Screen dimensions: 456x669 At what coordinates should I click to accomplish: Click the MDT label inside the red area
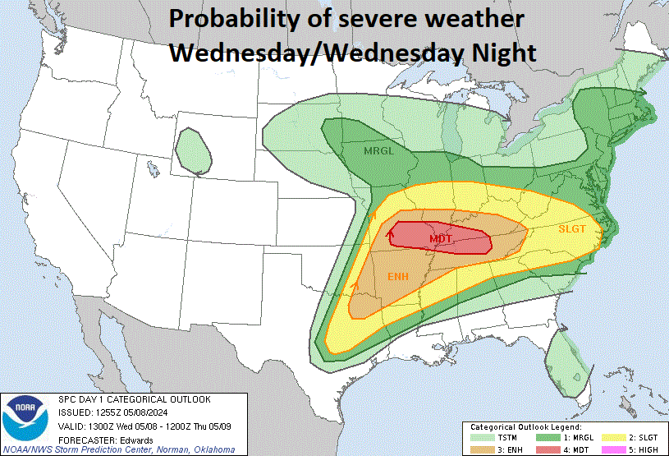click(x=441, y=239)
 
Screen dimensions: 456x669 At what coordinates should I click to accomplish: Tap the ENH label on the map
click(x=398, y=277)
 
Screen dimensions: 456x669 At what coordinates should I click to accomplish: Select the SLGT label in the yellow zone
click(x=571, y=229)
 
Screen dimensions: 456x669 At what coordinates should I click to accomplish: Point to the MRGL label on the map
click(x=378, y=150)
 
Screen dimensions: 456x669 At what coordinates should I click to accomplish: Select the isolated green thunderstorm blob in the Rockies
click(x=191, y=151)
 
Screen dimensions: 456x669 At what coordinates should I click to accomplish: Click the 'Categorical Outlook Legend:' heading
click(x=525, y=427)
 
